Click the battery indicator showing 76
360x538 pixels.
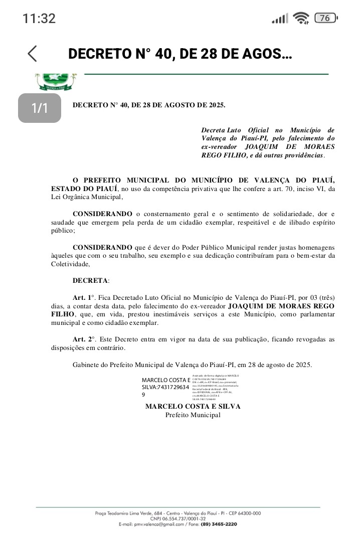point(325,19)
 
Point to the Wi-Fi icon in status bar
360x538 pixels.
point(301,19)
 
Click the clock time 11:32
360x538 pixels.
point(39,19)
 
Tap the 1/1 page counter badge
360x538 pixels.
point(40,108)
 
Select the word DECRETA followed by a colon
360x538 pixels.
point(91,280)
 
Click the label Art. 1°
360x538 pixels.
point(84,297)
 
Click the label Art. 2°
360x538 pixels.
point(84,339)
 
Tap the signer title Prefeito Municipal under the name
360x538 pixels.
point(193,415)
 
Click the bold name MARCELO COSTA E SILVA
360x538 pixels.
point(193,406)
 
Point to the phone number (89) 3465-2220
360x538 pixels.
point(219,524)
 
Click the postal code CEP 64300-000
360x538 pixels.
point(243,513)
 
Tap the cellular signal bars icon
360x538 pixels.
point(280,19)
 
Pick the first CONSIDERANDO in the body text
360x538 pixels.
point(103,214)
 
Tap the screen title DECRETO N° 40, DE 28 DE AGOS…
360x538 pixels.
point(180,54)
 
